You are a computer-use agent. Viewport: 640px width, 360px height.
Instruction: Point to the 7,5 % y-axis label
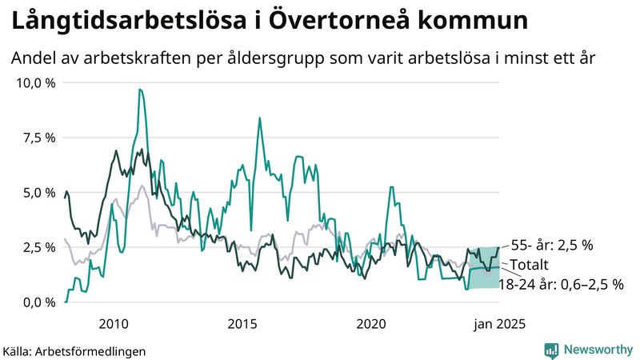click(x=38, y=138)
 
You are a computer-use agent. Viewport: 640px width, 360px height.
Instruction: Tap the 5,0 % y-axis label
click(x=38, y=193)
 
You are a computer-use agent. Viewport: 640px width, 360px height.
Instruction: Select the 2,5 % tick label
click(x=38, y=247)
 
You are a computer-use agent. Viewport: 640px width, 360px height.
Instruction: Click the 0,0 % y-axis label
click(x=38, y=302)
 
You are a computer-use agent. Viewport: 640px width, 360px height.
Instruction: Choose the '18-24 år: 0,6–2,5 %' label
click(x=561, y=283)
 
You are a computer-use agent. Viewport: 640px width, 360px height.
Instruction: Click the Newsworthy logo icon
click(x=551, y=350)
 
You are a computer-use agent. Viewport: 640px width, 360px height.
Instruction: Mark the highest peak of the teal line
click(x=140, y=90)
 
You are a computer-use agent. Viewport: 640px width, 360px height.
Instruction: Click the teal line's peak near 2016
click(x=259, y=118)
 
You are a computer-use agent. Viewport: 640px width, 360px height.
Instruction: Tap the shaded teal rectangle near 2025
click(x=483, y=268)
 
